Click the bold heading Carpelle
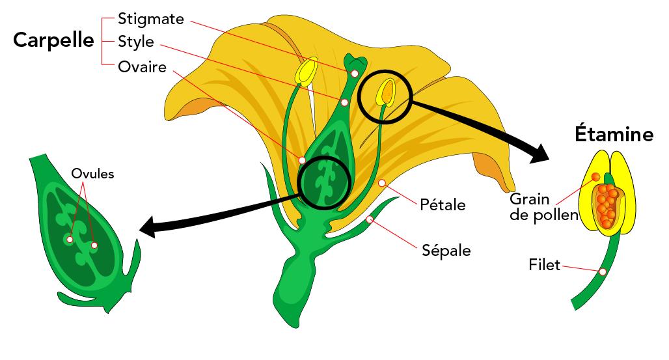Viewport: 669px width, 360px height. (53, 40)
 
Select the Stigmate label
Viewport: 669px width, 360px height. (150, 20)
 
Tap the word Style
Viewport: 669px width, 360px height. (135, 42)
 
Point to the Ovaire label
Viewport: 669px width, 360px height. (142, 67)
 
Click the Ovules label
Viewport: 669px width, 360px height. (92, 174)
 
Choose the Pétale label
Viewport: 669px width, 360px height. (443, 204)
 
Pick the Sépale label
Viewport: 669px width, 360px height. (446, 250)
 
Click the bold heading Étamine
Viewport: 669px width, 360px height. (614, 133)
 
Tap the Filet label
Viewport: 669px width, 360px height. (544, 265)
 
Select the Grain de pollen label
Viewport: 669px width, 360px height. (543, 207)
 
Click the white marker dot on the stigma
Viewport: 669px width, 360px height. (355, 74)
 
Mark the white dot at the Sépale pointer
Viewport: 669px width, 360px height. (370, 219)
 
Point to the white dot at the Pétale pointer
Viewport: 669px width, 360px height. (382, 183)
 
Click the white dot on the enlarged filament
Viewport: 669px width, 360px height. (603, 271)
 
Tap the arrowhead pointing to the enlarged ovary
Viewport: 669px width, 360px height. (147, 227)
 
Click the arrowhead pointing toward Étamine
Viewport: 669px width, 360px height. (540, 154)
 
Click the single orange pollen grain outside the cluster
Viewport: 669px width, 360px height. (595, 177)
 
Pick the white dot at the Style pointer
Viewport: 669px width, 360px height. (345, 102)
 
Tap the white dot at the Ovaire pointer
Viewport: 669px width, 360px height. (302, 160)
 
